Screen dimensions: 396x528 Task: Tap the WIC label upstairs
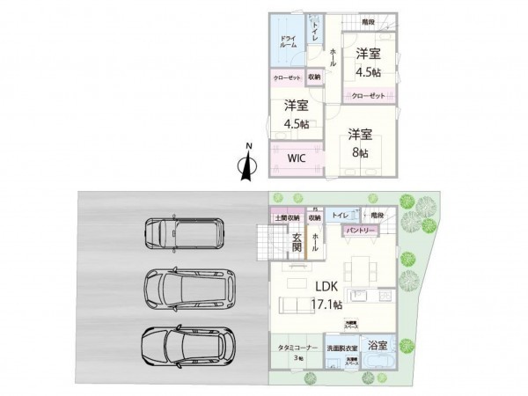coord(297,158)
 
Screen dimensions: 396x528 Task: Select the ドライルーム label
coord(288,41)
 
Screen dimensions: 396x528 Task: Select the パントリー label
coord(360,231)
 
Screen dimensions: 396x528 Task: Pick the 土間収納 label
coord(287,217)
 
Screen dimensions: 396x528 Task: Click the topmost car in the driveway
coord(185,232)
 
